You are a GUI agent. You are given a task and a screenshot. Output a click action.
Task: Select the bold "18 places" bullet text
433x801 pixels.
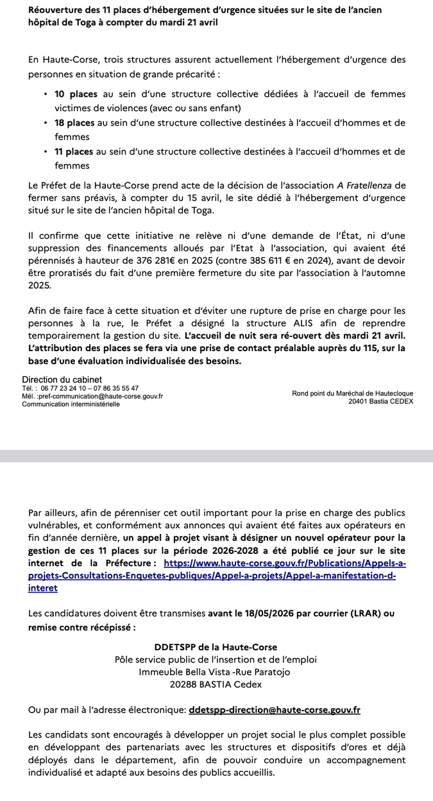(x=74, y=123)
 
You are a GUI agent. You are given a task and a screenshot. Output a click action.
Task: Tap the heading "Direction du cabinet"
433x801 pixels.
(x=62, y=380)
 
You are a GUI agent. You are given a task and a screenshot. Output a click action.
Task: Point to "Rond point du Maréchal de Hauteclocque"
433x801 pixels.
(x=352, y=393)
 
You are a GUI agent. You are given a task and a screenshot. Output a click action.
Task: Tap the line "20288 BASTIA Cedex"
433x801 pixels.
(x=216, y=685)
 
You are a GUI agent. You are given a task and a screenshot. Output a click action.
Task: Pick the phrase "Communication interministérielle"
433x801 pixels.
(x=71, y=404)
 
